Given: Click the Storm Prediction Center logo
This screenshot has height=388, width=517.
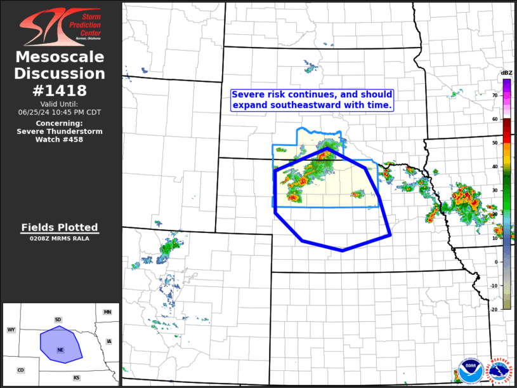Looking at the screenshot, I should pos(60,25).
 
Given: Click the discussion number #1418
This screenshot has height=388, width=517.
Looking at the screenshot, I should pos(60,90).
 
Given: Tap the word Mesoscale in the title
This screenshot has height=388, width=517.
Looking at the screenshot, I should pos(60,57).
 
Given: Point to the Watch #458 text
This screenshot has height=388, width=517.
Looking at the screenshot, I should pos(60,139).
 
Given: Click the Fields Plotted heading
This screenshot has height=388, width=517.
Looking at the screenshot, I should pos(60,227).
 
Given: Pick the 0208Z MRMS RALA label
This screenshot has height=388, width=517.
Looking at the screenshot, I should pos(60,239).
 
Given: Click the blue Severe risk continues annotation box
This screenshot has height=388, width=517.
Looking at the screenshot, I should pos(311,99).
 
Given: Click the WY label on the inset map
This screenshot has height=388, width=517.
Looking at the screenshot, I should pos(11,330).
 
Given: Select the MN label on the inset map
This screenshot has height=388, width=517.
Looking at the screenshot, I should pos(107,312).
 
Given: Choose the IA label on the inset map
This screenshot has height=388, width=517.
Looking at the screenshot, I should pos(109,342).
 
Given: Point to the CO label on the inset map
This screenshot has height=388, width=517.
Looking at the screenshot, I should pos(20,370).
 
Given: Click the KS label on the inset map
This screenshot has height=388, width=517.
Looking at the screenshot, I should pos(76,378).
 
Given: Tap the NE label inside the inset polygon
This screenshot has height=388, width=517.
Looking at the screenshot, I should pos(60,350).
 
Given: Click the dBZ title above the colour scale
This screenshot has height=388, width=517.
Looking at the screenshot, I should pos(507,73).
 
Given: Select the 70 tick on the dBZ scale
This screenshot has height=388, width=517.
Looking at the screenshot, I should pos(495,95).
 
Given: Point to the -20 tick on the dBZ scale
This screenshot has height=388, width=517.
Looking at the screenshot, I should pos(494,308).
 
